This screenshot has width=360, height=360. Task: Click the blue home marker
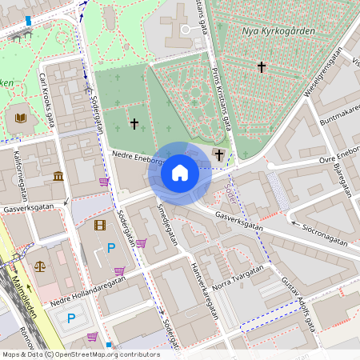point(180,173)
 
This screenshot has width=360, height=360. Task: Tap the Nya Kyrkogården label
point(278,31)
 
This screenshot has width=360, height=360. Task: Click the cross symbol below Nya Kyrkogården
point(262,67)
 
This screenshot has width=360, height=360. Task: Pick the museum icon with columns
point(58,176)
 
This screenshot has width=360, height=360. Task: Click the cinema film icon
point(100,226)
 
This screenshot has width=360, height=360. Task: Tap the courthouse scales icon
point(40,264)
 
